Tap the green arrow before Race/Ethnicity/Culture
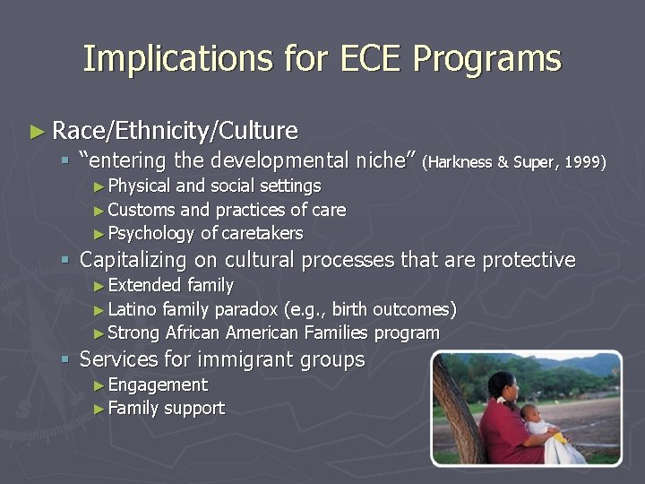[36, 132]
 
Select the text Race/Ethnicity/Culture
[175, 131]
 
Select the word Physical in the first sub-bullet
[140, 186]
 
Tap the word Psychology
[150, 234]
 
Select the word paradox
[245, 310]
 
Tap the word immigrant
[246, 360]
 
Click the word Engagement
[158, 385]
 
